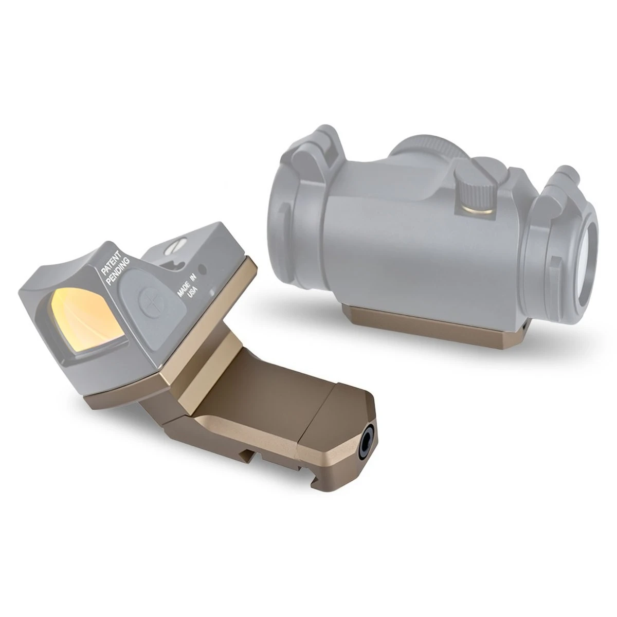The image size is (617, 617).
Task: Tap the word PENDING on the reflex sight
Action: [118, 271]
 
